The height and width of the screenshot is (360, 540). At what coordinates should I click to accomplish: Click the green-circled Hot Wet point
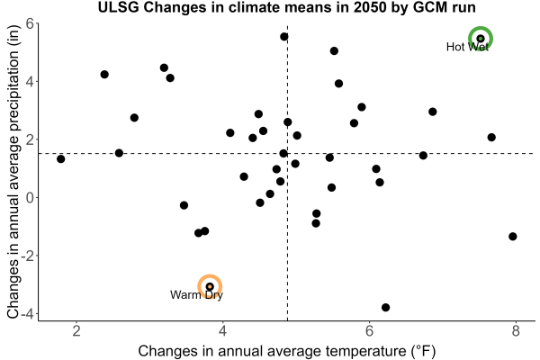[x=481, y=39]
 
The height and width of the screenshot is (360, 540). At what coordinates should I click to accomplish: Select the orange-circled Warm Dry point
[x=210, y=286]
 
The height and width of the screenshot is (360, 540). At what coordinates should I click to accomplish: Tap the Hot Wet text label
[x=467, y=47]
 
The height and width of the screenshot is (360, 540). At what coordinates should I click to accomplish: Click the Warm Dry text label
[x=196, y=295]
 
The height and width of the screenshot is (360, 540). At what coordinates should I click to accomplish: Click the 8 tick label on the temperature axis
[x=516, y=331]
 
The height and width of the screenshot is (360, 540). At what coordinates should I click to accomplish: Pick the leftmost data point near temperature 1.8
[x=61, y=158]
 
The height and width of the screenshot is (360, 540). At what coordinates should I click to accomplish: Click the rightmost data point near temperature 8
[x=513, y=237]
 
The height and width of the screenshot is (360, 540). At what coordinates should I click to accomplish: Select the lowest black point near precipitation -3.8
[x=386, y=307]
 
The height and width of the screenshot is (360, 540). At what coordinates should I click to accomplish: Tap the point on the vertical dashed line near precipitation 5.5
[x=284, y=37]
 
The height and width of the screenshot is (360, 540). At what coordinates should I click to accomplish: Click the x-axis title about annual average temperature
[x=287, y=351]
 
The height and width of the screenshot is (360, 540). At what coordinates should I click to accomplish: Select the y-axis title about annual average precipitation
[x=13, y=172]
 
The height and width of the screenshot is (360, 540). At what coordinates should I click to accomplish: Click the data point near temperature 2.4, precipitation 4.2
[x=104, y=75]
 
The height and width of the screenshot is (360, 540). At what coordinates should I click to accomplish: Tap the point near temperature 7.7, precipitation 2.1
[x=491, y=138]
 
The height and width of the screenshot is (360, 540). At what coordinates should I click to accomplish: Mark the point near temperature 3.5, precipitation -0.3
[x=184, y=205]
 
